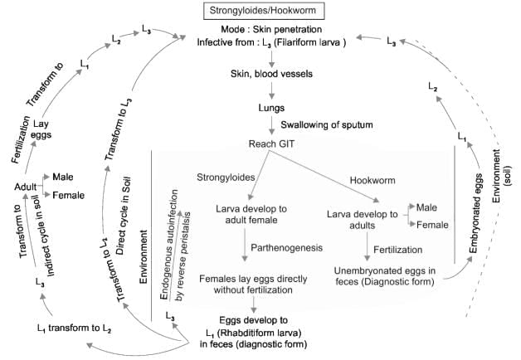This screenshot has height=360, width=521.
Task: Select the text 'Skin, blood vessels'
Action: pos(270,74)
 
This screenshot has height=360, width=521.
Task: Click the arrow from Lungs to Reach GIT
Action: pos(271,126)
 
